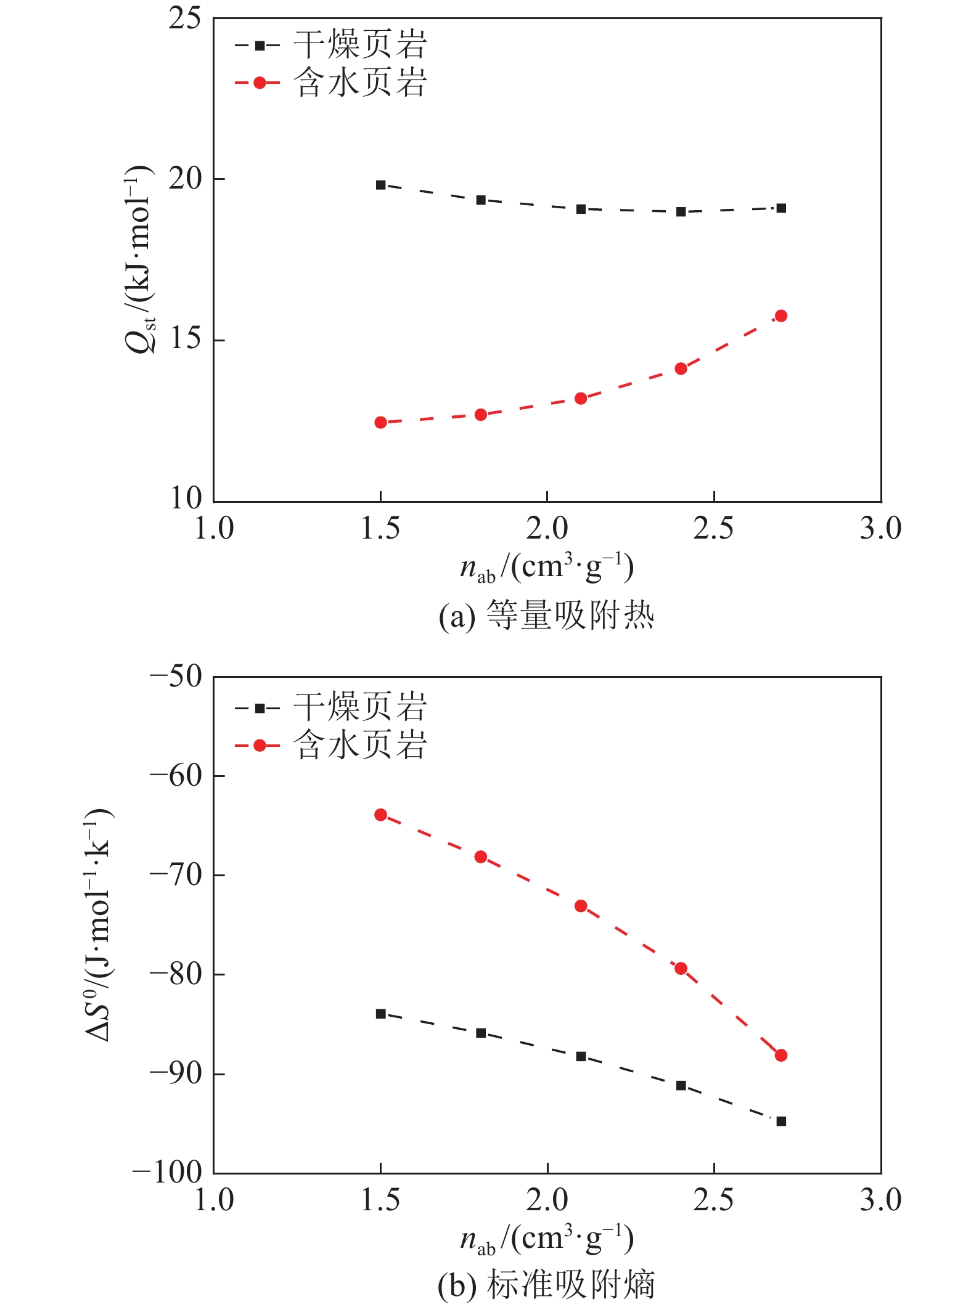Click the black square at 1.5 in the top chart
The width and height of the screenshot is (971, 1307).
[381, 185]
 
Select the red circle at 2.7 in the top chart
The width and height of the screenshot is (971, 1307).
[781, 316]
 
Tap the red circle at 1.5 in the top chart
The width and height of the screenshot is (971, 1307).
[381, 423]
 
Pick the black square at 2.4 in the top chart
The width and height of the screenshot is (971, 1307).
[681, 212]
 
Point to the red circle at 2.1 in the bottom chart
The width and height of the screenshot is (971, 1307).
[581, 906]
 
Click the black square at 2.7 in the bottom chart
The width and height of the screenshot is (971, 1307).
[781, 1122]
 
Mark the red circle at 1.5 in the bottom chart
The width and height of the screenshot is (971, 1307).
[381, 815]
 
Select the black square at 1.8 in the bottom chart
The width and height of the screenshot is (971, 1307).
[481, 1033]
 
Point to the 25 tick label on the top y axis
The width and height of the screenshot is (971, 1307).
[185, 20]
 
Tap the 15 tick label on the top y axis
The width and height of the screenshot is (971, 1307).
[185, 339]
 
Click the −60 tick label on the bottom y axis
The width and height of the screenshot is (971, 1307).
[176, 776]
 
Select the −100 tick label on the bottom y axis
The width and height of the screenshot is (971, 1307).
[168, 1173]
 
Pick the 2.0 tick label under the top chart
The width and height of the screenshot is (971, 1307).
[547, 529]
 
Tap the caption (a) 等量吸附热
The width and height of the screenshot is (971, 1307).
[546, 615]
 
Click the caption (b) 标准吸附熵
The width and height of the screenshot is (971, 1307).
[546, 1285]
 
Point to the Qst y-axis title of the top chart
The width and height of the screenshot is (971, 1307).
[139, 259]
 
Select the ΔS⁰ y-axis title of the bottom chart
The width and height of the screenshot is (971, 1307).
[99, 924]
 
